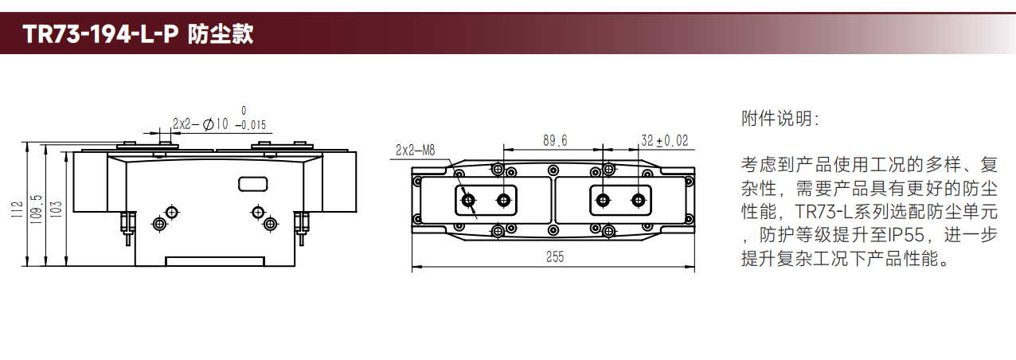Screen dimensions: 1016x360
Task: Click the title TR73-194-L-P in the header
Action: (100, 34)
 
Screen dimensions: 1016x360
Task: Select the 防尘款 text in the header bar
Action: (221, 34)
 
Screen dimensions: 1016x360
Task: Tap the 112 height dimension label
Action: (17, 209)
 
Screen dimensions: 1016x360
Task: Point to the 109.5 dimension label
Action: (37, 209)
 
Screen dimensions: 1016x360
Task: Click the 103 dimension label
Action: (56, 209)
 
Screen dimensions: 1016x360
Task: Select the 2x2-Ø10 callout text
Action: (201, 124)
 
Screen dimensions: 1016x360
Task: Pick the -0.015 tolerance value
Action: (251, 125)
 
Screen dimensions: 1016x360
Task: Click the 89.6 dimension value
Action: (555, 141)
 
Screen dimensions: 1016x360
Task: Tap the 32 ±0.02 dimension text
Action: (665, 141)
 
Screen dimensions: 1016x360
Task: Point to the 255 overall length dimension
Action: (555, 257)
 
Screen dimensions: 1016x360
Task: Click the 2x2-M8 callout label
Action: (415, 150)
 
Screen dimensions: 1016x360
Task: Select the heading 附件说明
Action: (780, 119)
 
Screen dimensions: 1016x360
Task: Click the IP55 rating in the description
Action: (906, 235)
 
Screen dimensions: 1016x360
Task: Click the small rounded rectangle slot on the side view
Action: (253, 184)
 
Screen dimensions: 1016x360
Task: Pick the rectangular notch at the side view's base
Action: (215, 261)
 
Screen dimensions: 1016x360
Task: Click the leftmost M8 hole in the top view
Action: (468, 200)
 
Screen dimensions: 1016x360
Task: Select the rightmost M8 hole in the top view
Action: (638, 200)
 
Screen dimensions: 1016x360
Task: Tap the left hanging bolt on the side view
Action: (128, 228)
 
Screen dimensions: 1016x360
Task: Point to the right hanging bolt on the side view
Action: (302, 228)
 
